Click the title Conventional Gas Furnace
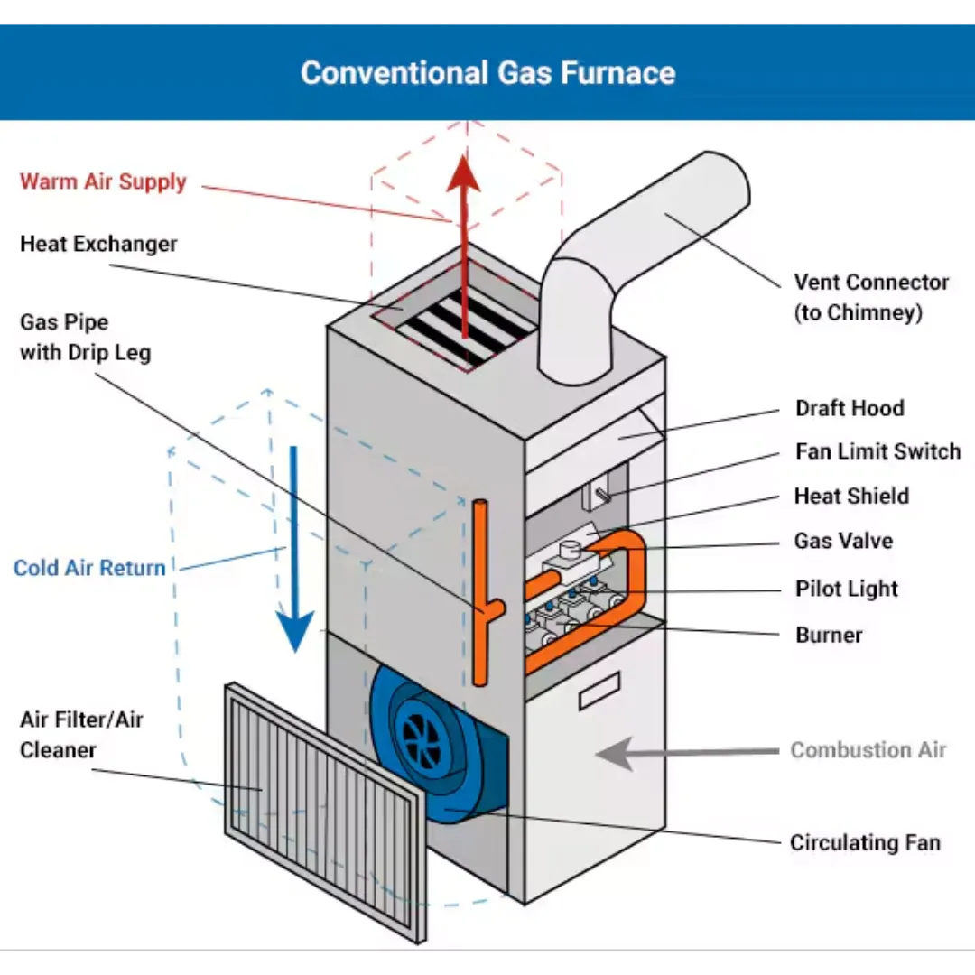click(487, 72)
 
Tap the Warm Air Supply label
click(103, 181)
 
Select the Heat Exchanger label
click(98, 244)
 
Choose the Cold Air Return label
click(90, 568)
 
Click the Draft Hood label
click(850, 408)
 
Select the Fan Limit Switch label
click(877, 451)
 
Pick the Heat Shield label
click(851, 496)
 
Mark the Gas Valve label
click(843, 541)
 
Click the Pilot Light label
click(847, 589)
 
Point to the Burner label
click(829, 635)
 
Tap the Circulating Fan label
click(865, 842)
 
